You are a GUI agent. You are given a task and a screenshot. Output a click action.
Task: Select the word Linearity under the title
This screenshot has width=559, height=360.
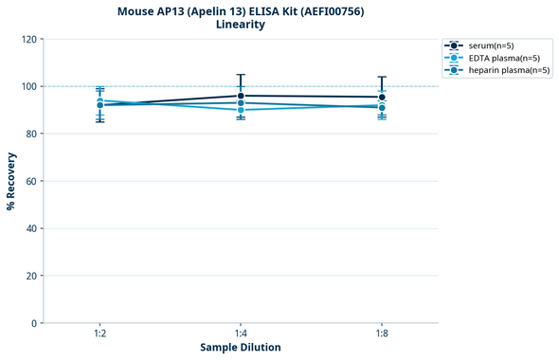(241, 25)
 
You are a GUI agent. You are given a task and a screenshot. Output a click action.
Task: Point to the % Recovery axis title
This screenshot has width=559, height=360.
(11, 180)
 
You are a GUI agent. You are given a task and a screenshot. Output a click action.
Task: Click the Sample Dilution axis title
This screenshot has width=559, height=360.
(241, 348)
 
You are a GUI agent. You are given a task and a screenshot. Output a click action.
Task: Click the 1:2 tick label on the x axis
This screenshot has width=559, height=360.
(99, 333)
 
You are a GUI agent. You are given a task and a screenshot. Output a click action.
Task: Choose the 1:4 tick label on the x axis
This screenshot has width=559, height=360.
(241, 333)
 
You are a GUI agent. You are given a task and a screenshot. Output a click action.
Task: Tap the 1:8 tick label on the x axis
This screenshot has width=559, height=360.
(382, 333)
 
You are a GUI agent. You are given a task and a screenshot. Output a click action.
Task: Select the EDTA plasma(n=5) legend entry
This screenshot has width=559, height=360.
(503, 58)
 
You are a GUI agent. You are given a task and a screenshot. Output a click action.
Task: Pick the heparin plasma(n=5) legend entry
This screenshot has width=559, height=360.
(508, 70)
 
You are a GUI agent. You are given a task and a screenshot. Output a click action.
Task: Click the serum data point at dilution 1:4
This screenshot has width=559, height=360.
(241, 96)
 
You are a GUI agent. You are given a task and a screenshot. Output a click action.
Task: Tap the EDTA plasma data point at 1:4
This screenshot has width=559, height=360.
(241, 110)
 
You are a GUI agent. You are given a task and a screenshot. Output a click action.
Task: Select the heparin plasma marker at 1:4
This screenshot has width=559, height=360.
(241, 102)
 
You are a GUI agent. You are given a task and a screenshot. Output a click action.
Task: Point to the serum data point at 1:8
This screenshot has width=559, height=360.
(382, 97)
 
